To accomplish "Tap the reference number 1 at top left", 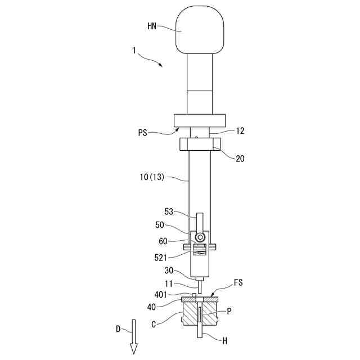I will pos(134,51).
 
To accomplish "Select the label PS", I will pos(143,133).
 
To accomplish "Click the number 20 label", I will pos(240,159).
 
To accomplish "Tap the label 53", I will pos(169,212).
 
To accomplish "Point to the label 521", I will pos(161,257).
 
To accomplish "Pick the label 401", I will pos(161,294).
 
